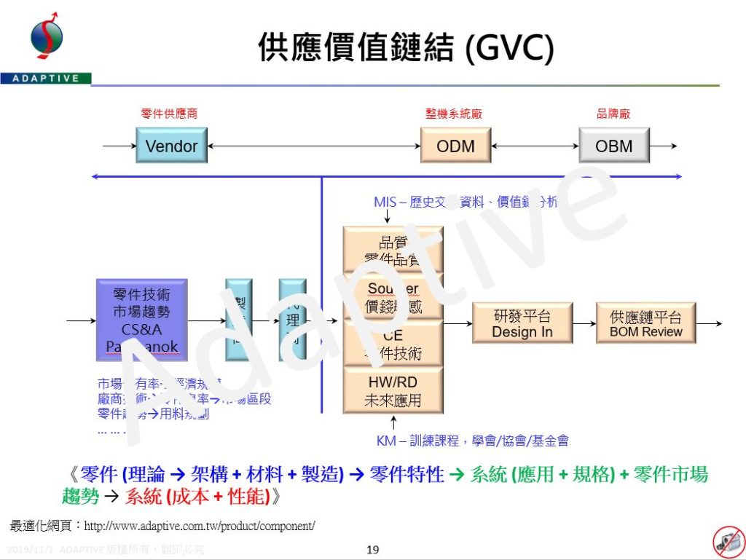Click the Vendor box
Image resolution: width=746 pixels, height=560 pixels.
171,146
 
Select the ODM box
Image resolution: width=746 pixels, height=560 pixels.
455,146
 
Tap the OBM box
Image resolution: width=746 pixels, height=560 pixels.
613,146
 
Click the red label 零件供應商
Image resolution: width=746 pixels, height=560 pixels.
169,114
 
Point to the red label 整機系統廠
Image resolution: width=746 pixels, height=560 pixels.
454,114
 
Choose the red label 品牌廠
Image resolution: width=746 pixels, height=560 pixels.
613,114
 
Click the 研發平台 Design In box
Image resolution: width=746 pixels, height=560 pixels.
522,323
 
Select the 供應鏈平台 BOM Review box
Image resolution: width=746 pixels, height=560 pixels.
645,323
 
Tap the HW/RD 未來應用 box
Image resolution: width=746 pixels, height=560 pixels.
393,391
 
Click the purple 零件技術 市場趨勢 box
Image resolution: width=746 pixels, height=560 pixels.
141,320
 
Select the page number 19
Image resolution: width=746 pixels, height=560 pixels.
372,549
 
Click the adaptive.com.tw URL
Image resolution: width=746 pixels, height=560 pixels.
200,525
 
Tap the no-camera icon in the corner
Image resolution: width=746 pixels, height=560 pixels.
726,540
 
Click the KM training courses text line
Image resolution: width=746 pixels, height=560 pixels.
472,441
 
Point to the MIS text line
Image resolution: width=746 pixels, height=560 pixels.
465,202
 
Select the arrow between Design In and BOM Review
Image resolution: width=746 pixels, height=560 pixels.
584,323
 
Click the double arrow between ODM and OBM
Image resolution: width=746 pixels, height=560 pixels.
535,146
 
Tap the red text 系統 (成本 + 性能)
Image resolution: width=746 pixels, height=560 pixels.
203,497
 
